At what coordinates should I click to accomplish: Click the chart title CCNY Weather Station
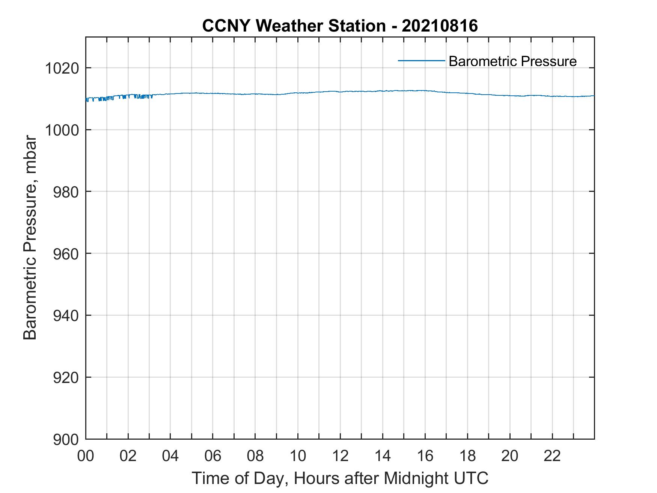pyautogui.click(x=294, y=26)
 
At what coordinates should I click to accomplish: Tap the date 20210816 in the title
pyautogui.click(x=440, y=26)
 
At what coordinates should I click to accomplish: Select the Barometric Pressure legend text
pyautogui.click(x=512, y=61)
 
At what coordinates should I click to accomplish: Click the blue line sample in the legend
pyautogui.click(x=421, y=60)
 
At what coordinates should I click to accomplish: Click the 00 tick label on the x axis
pyautogui.click(x=86, y=456)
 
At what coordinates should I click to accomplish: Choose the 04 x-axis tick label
pyautogui.click(x=170, y=456)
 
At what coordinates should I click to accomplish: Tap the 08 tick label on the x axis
pyautogui.click(x=255, y=456)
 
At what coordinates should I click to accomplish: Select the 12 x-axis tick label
pyautogui.click(x=340, y=456)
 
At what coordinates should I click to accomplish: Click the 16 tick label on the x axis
pyautogui.click(x=425, y=456)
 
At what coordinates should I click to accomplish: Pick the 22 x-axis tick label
pyautogui.click(x=552, y=456)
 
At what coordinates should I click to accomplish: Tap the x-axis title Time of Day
pyautogui.click(x=340, y=478)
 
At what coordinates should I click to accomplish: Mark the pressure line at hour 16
pyautogui.click(x=425, y=90)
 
